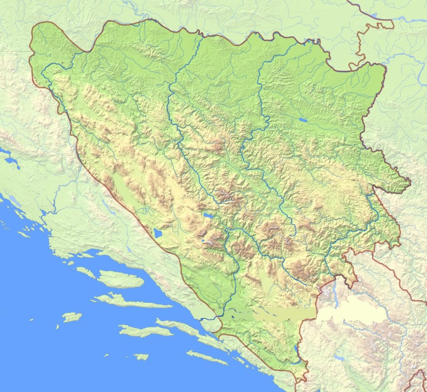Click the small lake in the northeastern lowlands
[x=303, y=121]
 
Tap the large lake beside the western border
[x=157, y=233]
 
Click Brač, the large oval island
[x=122, y=279]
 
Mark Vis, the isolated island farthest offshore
[x=72, y=317]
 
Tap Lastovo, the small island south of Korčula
[x=141, y=356]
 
